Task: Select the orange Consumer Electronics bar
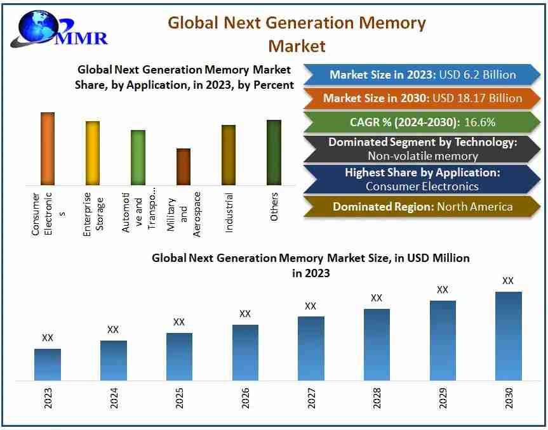click(x=48, y=148)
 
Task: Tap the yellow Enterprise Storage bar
click(x=93, y=153)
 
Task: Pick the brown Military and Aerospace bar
click(x=184, y=167)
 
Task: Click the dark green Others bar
click(x=274, y=152)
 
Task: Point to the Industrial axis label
click(x=229, y=213)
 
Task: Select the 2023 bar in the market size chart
click(x=48, y=364)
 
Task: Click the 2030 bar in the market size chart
click(x=508, y=336)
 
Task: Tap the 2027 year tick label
click(x=311, y=398)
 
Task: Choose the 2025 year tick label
click(x=179, y=398)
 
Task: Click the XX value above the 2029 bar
click(x=443, y=290)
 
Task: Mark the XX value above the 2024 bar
click(x=113, y=330)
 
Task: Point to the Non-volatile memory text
click(x=422, y=155)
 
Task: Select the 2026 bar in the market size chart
click(x=245, y=352)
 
